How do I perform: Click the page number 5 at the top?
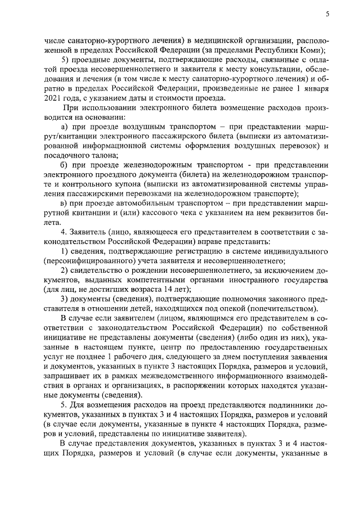(327, 13)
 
